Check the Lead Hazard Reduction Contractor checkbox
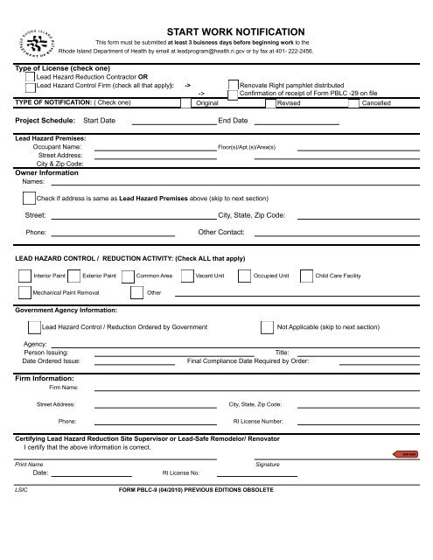coord(31,78)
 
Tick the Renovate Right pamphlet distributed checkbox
coord(233,86)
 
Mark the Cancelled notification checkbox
coord(353,102)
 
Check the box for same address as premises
coord(29,199)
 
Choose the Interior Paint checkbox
coord(24,275)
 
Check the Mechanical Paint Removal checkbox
coord(24,293)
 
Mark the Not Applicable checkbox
coord(267,326)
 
